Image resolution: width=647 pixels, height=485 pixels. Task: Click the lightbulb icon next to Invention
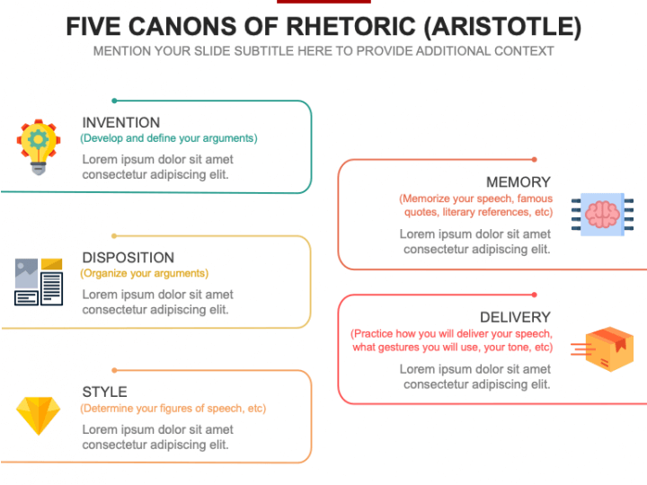(39, 146)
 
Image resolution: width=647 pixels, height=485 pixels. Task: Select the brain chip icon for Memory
(602, 215)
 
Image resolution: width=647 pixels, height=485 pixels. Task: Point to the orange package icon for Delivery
(602, 348)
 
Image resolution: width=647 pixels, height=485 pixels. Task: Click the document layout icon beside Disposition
(39, 282)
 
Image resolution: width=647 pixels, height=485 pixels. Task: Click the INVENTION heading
(121, 122)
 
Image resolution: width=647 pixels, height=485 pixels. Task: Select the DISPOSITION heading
(129, 258)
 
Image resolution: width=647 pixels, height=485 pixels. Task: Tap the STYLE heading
(105, 392)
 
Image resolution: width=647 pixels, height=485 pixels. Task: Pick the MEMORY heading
(518, 181)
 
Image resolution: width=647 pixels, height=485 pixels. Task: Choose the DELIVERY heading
(515, 317)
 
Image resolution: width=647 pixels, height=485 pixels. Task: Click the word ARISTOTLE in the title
(502, 26)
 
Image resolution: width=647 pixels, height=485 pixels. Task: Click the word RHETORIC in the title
(350, 26)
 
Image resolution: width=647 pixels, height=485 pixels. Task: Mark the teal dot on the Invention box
(114, 101)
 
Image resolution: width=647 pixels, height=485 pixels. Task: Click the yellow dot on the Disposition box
(114, 236)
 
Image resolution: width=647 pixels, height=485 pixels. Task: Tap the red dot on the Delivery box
(535, 295)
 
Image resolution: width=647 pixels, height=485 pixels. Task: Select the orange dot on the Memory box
(535, 160)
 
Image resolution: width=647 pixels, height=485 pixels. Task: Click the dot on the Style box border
(114, 370)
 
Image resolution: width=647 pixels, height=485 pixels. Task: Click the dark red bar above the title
(323, 2)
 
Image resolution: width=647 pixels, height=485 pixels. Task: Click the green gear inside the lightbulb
(39, 139)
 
